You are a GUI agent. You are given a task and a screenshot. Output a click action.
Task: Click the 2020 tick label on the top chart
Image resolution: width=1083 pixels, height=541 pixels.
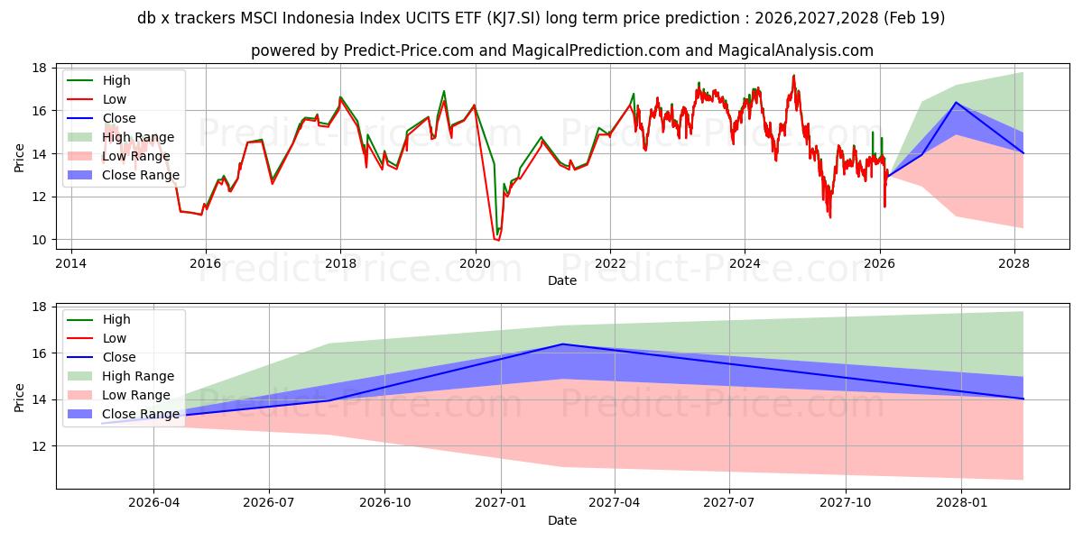point(475,263)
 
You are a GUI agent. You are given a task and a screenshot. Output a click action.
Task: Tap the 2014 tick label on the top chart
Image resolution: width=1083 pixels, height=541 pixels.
point(70,263)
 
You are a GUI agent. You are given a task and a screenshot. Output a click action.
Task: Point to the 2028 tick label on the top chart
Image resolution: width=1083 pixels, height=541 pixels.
point(1015,263)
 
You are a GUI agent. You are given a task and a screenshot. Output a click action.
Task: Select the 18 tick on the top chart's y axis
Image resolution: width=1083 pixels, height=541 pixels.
point(40,68)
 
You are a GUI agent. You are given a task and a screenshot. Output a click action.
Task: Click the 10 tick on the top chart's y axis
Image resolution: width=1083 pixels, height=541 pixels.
point(40,240)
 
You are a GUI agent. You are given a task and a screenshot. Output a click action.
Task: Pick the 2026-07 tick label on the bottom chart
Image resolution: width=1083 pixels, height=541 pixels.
point(270,503)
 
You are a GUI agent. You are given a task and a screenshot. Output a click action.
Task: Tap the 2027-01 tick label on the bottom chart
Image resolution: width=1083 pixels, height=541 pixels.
point(500,503)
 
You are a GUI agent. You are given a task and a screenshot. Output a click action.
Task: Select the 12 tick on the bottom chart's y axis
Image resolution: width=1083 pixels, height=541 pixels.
point(40,446)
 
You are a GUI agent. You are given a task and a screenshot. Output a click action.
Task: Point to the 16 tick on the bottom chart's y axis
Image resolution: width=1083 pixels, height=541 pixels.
point(40,353)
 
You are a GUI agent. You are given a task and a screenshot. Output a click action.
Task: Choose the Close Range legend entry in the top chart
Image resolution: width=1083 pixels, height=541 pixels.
point(141,175)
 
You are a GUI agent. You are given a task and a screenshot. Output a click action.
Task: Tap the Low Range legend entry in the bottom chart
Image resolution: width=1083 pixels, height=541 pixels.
point(136,395)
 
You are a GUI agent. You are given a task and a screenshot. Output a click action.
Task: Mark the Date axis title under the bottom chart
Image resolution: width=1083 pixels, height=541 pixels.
point(561,520)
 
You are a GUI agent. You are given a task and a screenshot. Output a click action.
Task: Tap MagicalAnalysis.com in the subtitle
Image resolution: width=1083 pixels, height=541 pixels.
point(799,50)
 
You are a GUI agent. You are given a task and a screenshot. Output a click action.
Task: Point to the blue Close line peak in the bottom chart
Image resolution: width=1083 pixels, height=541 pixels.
point(562,344)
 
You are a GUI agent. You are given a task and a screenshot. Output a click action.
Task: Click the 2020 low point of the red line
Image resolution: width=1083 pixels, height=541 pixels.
point(495,239)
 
